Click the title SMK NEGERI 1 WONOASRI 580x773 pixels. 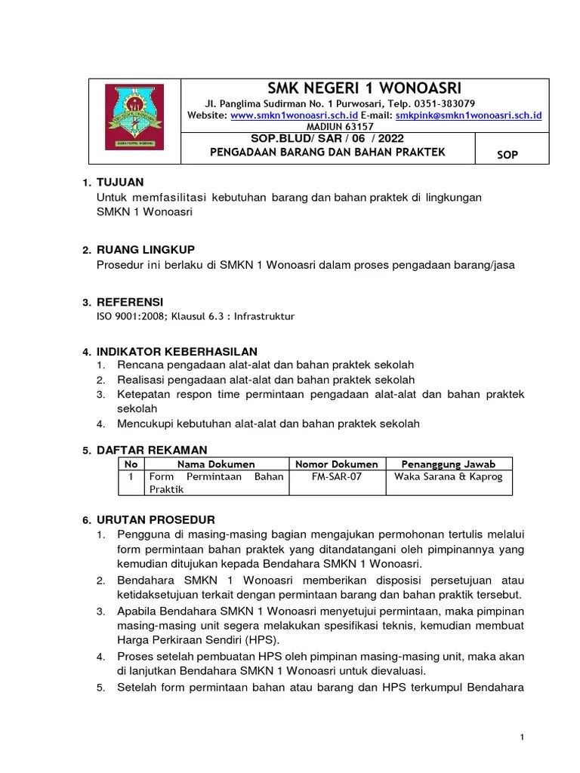pyautogui.click(x=365, y=88)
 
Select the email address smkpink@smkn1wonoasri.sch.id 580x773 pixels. pyautogui.click(x=469, y=115)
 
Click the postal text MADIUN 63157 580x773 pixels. pyautogui.click(x=365, y=127)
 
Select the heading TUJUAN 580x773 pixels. pyautogui.click(x=120, y=183)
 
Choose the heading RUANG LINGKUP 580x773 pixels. pyautogui.click(x=145, y=250)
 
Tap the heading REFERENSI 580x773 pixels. pyautogui.click(x=129, y=302)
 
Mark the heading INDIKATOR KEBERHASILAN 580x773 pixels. pyautogui.click(x=177, y=352)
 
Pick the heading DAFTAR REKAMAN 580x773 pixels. pyautogui.click(x=151, y=450)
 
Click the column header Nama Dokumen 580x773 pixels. pyautogui.click(x=216, y=464)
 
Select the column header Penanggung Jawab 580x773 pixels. pyautogui.click(x=449, y=464)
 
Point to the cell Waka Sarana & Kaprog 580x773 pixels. pyautogui.click(x=449, y=477)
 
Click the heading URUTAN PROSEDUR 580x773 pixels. pyautogui.click(x=156, y=520)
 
